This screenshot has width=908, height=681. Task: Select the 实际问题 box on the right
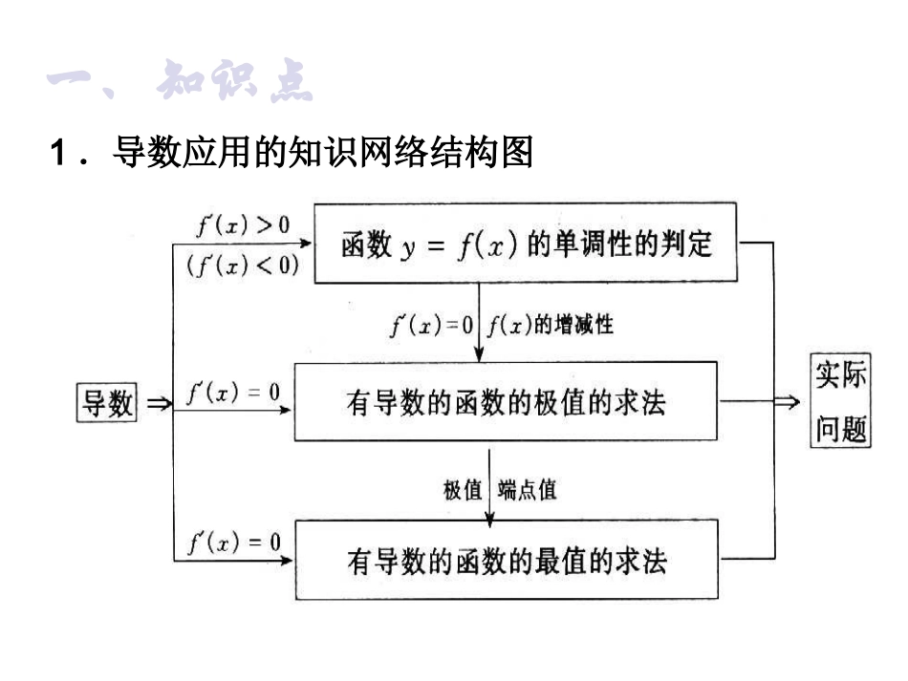click(841, 401)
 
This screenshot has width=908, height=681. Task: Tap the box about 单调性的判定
click(527, 243)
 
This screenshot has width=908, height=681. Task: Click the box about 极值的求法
click(506, 402)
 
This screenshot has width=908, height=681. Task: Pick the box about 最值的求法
click(506, 559)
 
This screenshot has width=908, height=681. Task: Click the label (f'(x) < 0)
click(243, 265)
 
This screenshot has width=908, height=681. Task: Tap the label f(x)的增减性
click(549, 325)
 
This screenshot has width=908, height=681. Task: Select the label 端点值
click(527, 490)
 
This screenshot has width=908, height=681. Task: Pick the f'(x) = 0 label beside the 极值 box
click(233, 392)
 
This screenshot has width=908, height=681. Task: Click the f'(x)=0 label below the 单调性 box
click(431, 325)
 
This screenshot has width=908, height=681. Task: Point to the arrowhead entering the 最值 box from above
click(489, 520)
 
